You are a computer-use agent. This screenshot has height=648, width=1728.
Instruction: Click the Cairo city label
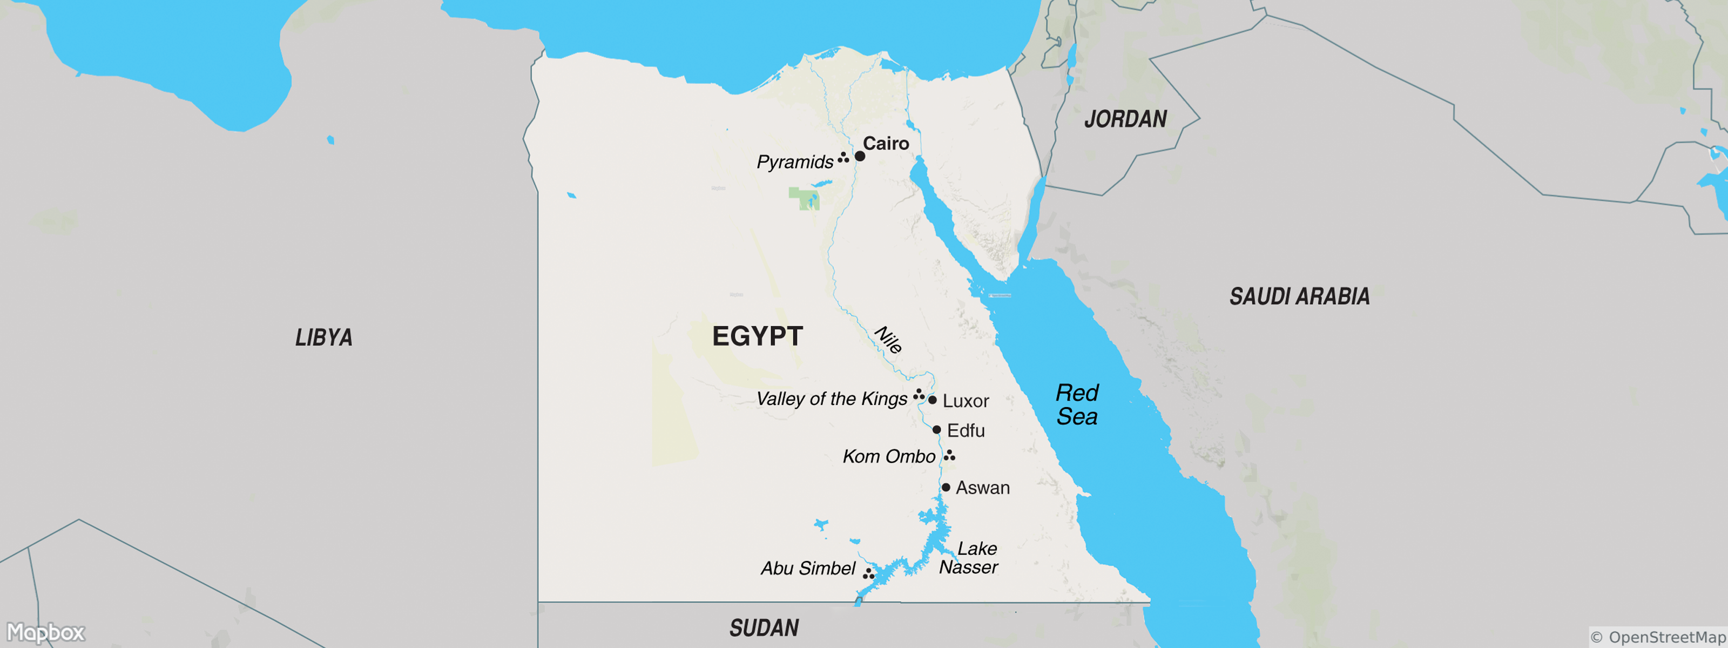click(x=886, y=144)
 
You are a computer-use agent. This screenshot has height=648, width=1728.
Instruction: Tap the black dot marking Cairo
click(x=860, y=156)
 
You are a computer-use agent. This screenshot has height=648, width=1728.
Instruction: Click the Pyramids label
click(x=795, y=163)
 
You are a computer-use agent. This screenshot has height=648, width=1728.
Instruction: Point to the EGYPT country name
click(x=757, y=336)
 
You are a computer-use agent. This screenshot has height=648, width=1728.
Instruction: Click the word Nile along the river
click(x=888, y=340)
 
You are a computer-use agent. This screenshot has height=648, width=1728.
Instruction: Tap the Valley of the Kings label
click(x=832, y=399)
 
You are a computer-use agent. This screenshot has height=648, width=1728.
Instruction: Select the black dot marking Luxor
click(x=933, y=400)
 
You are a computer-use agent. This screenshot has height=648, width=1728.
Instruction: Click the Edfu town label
click(x=966, y=431)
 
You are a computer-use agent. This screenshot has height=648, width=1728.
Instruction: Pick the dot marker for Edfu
click(x=937, y=429)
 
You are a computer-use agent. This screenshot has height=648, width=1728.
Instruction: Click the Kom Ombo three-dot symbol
click(x=949, y=456)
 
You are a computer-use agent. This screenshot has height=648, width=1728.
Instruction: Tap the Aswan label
click(x=983, y=488)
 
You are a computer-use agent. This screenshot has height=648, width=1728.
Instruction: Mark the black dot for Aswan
click(x=946, y=488)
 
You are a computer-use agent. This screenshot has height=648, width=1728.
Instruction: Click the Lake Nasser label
click(x=969, y=558)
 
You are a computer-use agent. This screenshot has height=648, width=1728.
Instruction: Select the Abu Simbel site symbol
click(x=868, y=573)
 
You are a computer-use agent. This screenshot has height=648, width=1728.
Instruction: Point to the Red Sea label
click(x=1077, y=404)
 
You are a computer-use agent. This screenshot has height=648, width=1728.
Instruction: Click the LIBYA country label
click(x=324, y=337)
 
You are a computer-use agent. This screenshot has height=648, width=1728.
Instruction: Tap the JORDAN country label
click(x=1125, y=119)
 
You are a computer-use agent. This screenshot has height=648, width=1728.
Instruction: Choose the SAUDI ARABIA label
click(x=1299, y=296)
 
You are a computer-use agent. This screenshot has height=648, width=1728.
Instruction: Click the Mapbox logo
click(x=45, y=632)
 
